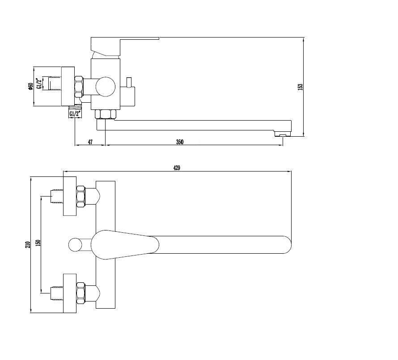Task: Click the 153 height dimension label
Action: tap(300, 87)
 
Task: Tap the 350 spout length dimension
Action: tap(180, 142)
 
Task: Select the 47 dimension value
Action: tap(90, 142)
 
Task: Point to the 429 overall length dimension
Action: tap(177, 168)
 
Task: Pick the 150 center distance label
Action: tap(38, 243)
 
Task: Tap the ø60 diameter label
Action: tap(31, 87)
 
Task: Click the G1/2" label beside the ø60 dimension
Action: tap(39, 84)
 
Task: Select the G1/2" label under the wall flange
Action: tap(76, 114)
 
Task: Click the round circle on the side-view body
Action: tap(106, 87)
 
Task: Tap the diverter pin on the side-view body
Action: tap(129, 82)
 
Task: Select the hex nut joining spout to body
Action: tap(106, 114)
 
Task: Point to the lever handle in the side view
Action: tap(125, 46)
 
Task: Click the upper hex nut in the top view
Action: tap(80, 197)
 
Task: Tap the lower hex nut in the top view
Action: tap(80, 293)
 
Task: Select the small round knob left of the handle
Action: tap(76, 245)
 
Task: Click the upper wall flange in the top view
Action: tap(70, 196)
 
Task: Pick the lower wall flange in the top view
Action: tap(70, 293)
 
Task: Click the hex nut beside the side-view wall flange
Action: tap(79, 87)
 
